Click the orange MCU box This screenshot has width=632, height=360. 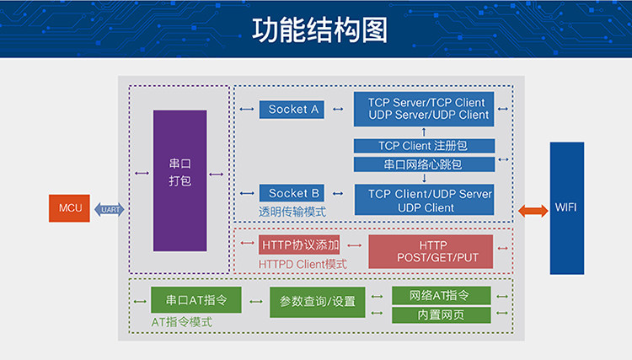(68, 207)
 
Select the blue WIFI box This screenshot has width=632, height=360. (566, 207)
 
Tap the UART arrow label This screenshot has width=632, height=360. (109, 208)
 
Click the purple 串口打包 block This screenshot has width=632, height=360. (179, 180)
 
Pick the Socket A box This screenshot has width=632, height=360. (293, 109)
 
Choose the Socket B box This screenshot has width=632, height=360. (293, 193)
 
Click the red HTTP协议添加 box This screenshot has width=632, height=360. (299, 245)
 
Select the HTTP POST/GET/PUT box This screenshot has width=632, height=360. (431, 251)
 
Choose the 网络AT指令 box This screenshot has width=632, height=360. (442, 296)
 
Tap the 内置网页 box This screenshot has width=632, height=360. (442, 315)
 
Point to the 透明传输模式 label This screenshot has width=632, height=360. (292, 212)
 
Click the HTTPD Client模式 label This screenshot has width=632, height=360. (302, 264)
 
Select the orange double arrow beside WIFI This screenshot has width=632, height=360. (532, 208)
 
